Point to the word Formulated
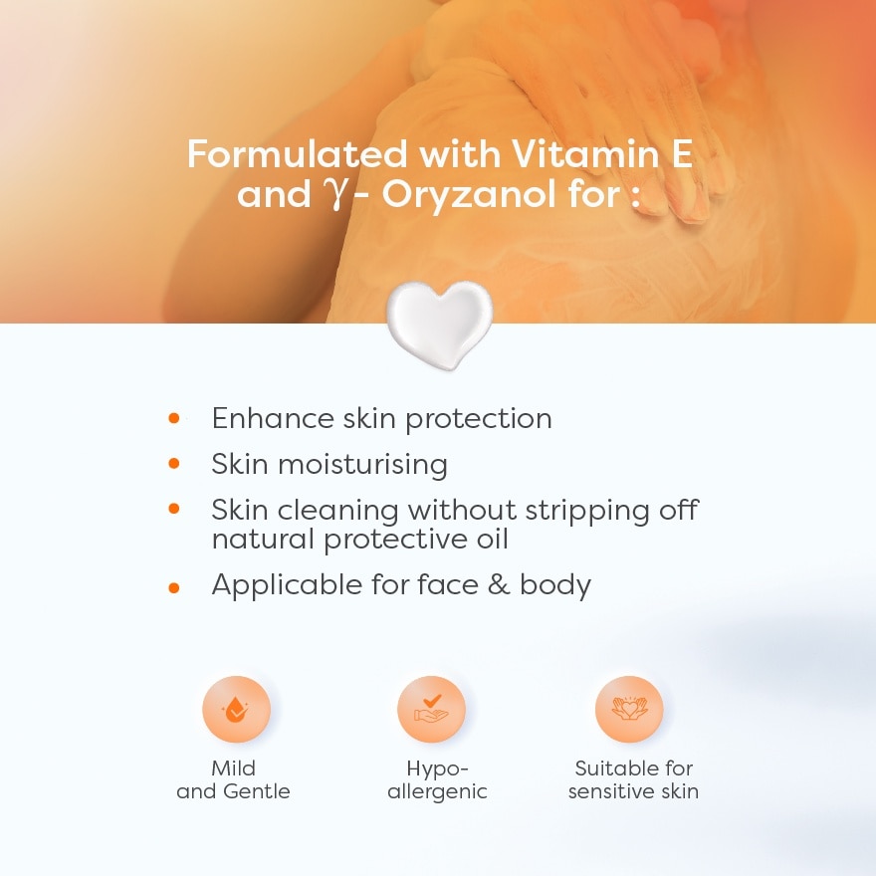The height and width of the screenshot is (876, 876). [298, 153]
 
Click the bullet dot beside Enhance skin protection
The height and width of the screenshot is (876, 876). [174, 418]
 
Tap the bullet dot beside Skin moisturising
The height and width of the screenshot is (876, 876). [174, 463]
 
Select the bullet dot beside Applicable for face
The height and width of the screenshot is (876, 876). [174, 587]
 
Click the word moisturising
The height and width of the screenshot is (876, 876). [362, 464]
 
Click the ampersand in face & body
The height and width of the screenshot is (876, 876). [499, 585]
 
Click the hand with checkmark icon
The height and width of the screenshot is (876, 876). [431, 709]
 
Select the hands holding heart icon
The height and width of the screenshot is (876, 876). [629, 709]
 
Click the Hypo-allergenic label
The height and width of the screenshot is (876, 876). [437, 779]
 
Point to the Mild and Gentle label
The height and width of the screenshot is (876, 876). [234, 779]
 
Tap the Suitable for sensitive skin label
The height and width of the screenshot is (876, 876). [633, 779]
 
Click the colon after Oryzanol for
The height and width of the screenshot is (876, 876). [635, 198]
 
